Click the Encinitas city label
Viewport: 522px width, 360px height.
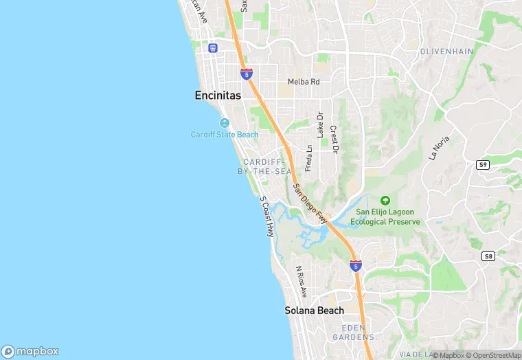click(217, 96)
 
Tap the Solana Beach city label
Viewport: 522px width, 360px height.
click(314, 311)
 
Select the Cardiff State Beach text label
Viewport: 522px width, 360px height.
click(225, 135)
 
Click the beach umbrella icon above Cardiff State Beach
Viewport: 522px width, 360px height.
click(225, 123)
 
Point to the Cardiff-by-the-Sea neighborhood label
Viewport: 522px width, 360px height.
click(264, 166)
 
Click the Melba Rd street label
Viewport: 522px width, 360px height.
click(304, 81)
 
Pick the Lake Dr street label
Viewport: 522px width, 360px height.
click(319, 124)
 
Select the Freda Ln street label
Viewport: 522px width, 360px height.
click(309, 157)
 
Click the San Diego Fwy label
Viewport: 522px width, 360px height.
click(309, 203)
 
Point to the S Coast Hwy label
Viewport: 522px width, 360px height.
click(266, 216)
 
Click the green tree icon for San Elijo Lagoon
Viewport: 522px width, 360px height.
click(385, 200)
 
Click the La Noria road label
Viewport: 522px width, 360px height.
click(439, 148)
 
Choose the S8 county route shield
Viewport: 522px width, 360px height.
click(488, 256)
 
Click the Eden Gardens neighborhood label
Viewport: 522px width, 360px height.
click(353, 333)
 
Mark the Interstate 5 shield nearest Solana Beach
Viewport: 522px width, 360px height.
click(355, 265)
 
